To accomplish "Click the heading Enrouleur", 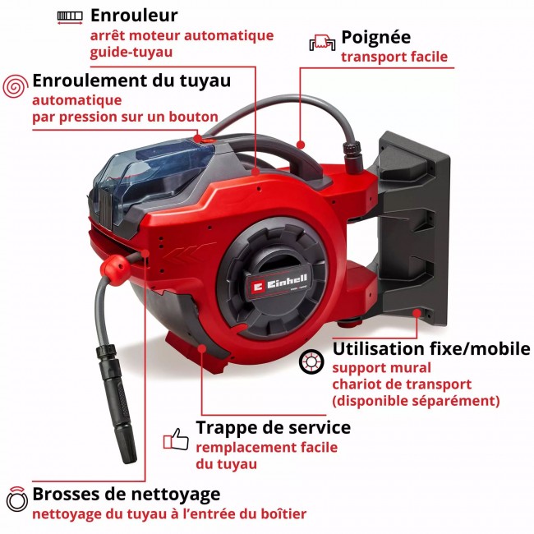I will [134, 15].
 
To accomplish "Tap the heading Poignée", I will [375, 37].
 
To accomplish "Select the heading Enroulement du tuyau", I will [131, 81].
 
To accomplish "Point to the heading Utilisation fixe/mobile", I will [431, 348].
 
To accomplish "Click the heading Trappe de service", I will [273, 427].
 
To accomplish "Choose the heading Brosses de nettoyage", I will [126, 494].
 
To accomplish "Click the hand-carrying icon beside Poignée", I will [321, 42].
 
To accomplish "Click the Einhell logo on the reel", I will [276, 283].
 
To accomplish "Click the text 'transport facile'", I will [394, 57].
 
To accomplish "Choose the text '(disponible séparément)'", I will [416, 401].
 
